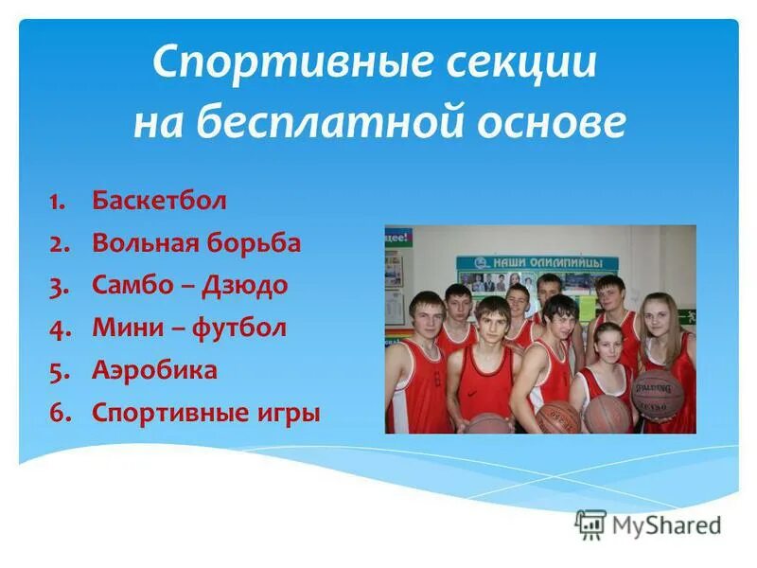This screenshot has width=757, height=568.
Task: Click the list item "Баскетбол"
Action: (x=159, y=201)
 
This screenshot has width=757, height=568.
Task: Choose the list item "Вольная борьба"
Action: (x=196, y=243)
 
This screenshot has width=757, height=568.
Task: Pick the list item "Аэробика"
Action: (x=154, y=370)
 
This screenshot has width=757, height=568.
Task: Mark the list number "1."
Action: (x=59, y=202)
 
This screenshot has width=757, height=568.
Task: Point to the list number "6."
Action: (x=59, y=414)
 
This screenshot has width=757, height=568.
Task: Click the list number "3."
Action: (x=59, y=286)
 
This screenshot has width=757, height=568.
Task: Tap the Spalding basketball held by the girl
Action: (x=657, y=393)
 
